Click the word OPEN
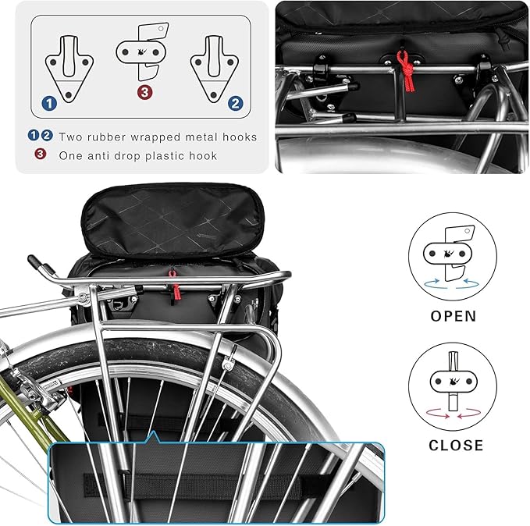453,317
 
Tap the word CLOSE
456,446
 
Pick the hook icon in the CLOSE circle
452,382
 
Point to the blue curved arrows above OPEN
453,286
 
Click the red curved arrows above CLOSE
453,415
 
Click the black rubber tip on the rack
34,262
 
